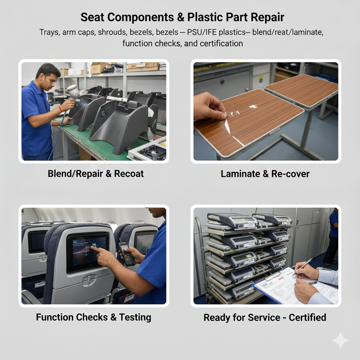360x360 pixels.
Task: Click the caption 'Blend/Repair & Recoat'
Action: point(96,174)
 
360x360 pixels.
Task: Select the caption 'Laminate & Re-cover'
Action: point(265,174)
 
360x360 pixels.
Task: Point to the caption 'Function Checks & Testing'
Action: point(94,317)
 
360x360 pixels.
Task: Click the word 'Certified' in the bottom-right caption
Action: point(307,317)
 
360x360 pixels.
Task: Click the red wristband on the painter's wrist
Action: point(60,109)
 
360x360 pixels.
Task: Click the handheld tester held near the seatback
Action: point(126,254)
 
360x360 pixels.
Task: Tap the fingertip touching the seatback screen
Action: point(92,247)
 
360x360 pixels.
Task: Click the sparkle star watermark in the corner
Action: point(340,340)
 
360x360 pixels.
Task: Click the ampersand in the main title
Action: point(180,17)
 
